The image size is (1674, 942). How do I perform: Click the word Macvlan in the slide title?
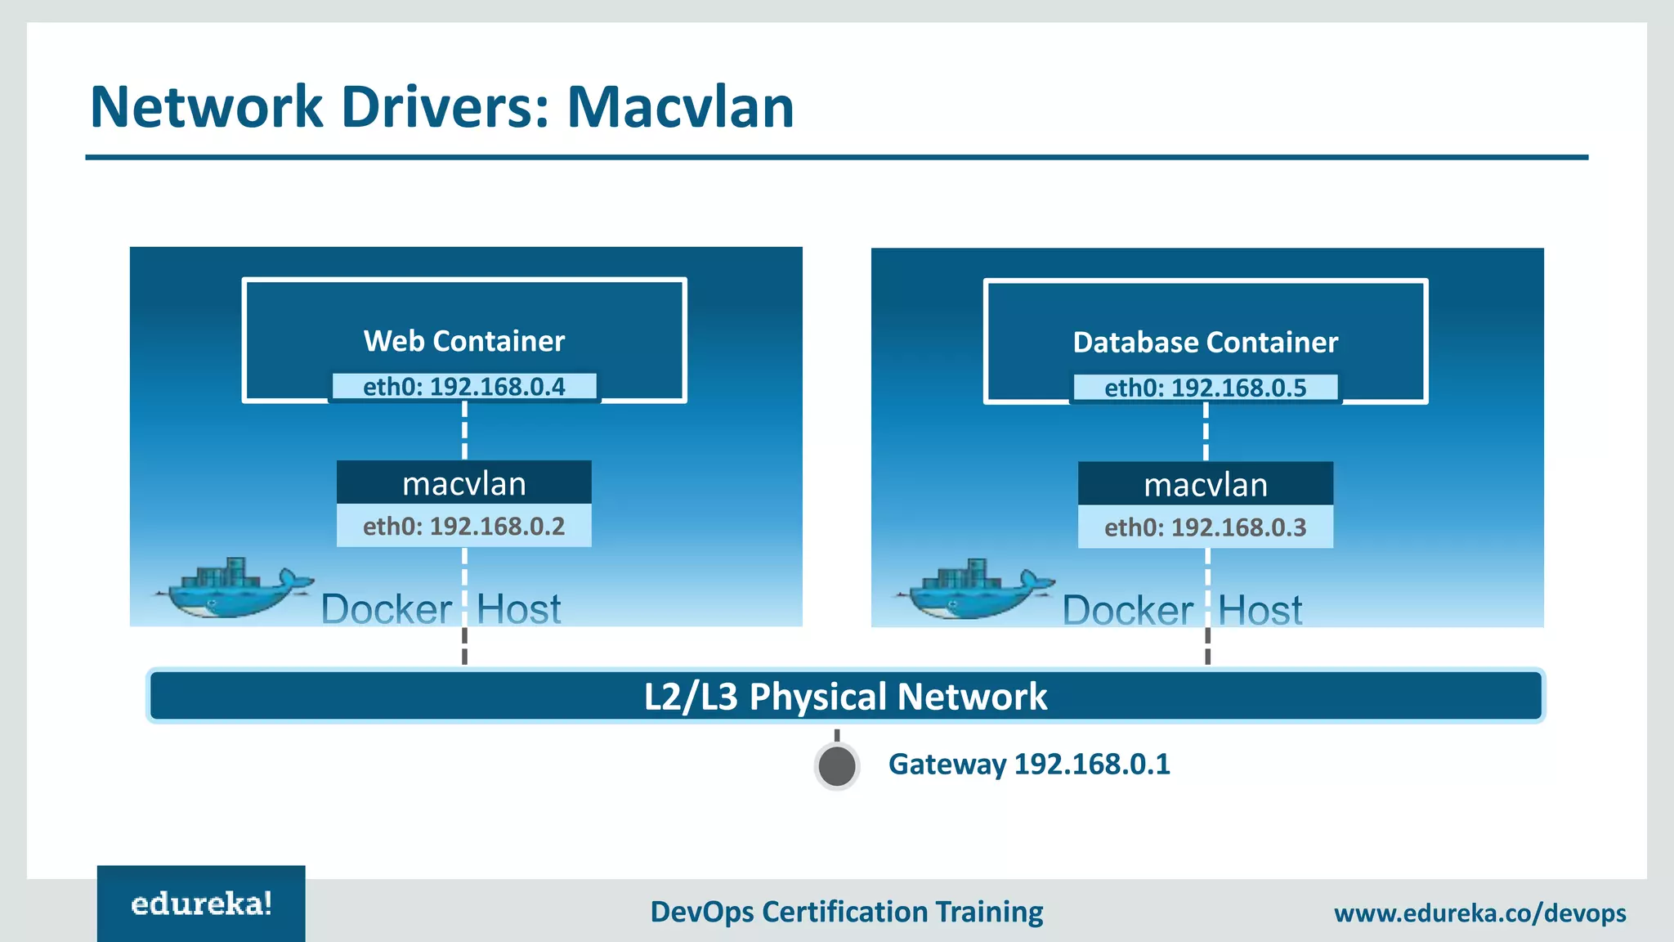click(680, 107)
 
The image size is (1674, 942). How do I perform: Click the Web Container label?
click(463, 341)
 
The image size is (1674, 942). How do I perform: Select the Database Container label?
click(1205, 343)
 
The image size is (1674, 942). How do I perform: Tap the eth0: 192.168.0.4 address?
click(463, 386)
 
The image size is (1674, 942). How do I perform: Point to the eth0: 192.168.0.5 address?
click(1205, 388)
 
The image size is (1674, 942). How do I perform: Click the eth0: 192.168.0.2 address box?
click(463, 526)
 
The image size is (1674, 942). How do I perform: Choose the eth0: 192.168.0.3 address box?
click(1205, 527)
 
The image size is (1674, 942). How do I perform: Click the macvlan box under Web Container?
click(463, 483)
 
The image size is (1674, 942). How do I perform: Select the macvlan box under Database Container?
click(1205, 485)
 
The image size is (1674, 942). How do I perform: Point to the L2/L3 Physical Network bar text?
click(845, 697)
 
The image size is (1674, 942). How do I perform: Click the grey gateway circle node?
click(837, 767)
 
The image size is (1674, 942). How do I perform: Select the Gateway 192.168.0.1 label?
click(1029, 765)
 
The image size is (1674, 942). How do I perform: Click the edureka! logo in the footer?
click(201, 904)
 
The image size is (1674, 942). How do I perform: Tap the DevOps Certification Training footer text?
click(846, 912)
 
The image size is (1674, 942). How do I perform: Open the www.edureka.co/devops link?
click(1479, 913)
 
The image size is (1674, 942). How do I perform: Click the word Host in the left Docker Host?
click(518, 610)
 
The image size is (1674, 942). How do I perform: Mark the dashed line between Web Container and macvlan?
click(464, 431)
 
